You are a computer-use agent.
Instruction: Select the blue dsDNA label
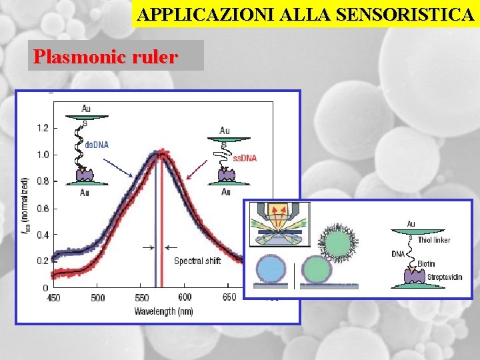click(x=96, y=145)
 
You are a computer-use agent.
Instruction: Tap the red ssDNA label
click(x=245, y=158)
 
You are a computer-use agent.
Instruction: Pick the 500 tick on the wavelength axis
click(x=97, y=297)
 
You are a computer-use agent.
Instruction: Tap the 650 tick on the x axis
click(x=229, y=297)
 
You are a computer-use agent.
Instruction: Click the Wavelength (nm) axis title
click(x=163, y=311)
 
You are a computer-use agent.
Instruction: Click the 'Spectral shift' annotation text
click(x=197, y=261)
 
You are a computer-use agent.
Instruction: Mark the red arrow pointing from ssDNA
click(x=197, y=171)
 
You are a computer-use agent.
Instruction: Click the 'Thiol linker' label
click(x=434, y=240)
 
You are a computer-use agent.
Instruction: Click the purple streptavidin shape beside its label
click(x=411, y=275)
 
